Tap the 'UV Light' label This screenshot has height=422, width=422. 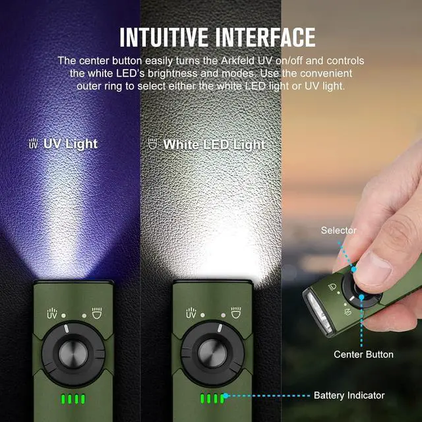coord(70,144)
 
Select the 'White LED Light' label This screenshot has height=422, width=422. coord(214,144)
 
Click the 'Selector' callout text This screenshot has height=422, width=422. coord(339,230)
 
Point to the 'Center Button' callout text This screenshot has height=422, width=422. coord(363,355)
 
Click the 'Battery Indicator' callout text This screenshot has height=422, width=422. coord(349,396)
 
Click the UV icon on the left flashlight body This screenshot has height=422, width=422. coord(52,314)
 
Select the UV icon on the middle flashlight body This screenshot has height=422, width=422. coord(191,314)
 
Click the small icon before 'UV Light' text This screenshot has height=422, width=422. coord(34,143)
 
